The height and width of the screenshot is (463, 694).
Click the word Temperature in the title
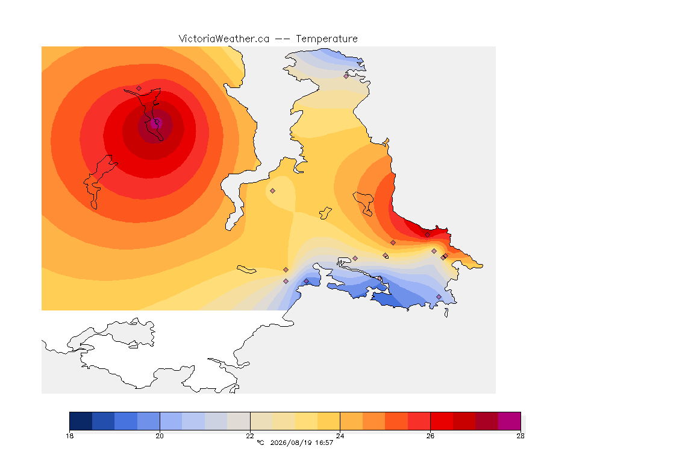[327, 39]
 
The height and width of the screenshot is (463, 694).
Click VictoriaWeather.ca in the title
[224, 39]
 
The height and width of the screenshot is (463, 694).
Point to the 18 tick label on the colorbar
[69, 436]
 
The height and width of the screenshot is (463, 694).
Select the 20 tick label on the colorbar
[160, 436]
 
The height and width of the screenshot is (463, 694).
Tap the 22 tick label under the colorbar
[250, 436]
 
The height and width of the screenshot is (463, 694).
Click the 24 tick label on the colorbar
[340, 436]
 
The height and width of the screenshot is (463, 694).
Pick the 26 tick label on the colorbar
[430, 436]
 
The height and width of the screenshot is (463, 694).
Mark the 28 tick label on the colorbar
[520, 436]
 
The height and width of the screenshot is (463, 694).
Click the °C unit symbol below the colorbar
[260, 443]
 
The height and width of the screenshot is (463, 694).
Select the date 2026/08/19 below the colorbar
[290, 443]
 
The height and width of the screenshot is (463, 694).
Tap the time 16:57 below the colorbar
[324, 443]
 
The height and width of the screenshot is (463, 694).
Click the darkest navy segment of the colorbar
[81, 421]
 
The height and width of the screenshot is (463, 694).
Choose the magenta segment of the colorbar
[510, 421]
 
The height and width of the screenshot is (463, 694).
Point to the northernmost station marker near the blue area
[346, 76]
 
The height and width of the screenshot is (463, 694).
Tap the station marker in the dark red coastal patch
[427, 235]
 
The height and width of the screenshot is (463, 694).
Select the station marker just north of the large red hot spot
[139, 89]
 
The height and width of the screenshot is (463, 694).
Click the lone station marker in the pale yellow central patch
[273, 191]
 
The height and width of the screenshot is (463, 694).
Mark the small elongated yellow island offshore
[246, 269]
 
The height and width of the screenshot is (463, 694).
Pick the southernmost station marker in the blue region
[439, 297]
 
